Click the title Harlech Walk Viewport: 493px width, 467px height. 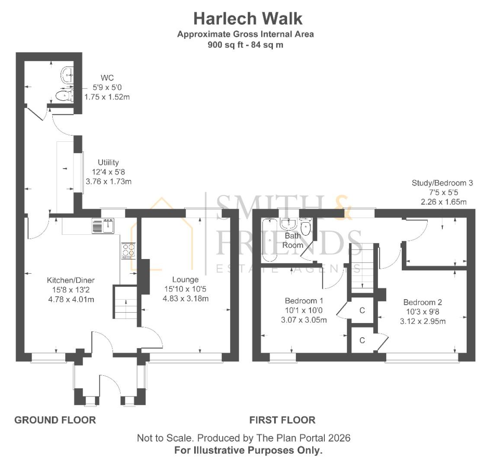click(x=247, y=19)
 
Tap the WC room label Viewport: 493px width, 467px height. click(x=107, y=78)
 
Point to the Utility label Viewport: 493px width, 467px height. click(x=108, y=163)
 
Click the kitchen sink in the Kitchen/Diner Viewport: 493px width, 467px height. click(x=102, y=226)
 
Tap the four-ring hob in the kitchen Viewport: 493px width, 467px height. click(x=128, y=250)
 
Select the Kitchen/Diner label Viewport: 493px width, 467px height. click(x=70, y=280)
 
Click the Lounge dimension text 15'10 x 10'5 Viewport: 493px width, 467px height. click(x=186, y=289)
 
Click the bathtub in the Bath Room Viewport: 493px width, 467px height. click(x=269, y=240)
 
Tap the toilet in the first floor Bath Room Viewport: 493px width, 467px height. click(x=306, y=228)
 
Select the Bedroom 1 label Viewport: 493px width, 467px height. click(x=304, y=301)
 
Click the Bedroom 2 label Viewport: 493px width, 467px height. click(x=423, y=302)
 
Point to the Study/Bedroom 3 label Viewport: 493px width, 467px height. click(x=442, y=183)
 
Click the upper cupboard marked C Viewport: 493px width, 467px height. click(x=362, y=310)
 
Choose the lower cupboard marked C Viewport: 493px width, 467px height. click(x=362, y=340)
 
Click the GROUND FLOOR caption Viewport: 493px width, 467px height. click(x=55, y=420)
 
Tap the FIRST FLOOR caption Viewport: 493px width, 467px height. click(x=282, y=420)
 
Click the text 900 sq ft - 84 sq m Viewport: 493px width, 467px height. click(x=245, y=45)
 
